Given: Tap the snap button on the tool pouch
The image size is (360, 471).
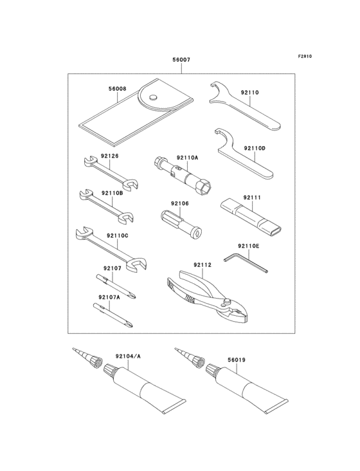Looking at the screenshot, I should [x=154, y=97].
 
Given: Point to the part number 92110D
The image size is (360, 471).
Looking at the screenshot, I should [x=254, y=149].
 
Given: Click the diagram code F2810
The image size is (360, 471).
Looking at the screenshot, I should [x=304, y=56].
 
